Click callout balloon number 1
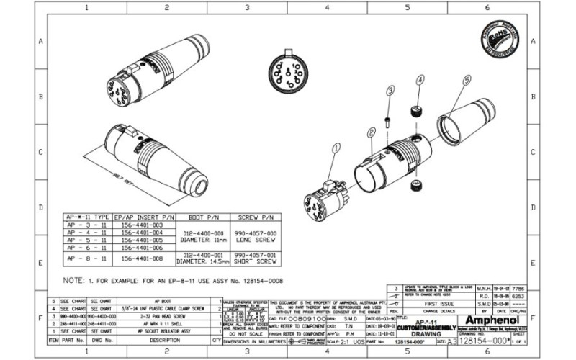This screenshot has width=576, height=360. (x=336, y=149)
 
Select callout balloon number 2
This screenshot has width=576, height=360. (x=371, y=132)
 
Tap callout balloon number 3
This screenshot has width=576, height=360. (x=390, y=91)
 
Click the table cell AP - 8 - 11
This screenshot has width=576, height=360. (x=87, y=257)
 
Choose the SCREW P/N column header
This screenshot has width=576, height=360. (x=257, y=216)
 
